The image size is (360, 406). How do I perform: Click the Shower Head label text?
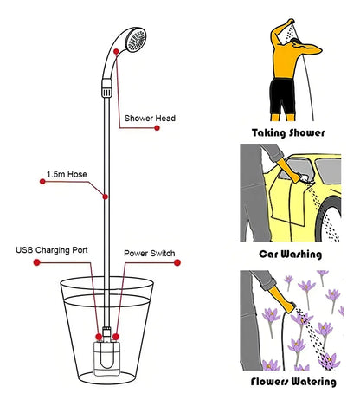(x=151, y=118)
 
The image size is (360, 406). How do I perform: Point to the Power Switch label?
(x=150, y=254)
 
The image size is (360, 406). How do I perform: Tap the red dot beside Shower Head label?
(x=157, y=128)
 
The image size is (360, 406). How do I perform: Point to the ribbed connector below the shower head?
(x=106, y=87)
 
